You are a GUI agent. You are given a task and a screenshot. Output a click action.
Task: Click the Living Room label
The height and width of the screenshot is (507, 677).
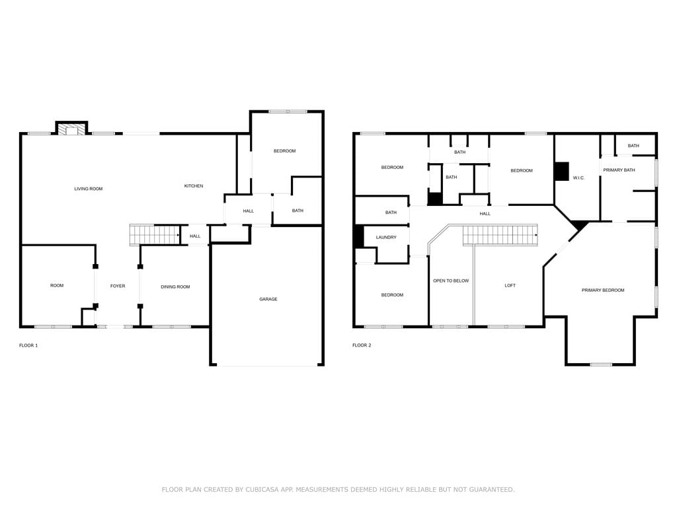[x=89, y=189]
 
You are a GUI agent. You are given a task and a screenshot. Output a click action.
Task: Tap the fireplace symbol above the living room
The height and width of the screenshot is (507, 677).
[x=71, y=130]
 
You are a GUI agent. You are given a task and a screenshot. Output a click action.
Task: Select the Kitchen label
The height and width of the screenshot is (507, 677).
[x=194, y=186]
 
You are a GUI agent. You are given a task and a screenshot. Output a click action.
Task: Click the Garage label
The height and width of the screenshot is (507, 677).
[x=268, y=299]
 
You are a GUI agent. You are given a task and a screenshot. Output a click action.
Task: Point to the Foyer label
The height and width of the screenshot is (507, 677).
[x=118, y=286]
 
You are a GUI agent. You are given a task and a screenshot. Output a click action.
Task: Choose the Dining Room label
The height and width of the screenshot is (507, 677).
[x=175, y=287]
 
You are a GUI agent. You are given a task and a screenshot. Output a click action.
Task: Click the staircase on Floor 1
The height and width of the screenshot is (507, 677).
[x=155, y=235]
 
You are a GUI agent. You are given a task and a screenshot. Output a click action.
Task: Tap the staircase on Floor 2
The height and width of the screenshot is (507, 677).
[x=500, y=236]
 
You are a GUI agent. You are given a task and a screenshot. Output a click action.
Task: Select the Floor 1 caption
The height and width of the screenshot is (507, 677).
[x=28, y=345]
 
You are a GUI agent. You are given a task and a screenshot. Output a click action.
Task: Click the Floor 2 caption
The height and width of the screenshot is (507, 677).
[x=362, y=345]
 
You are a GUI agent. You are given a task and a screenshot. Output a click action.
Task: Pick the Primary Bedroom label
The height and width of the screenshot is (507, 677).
[x=603, y=290]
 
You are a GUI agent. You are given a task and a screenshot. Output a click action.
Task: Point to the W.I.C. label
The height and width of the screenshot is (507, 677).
[x=578, y=178]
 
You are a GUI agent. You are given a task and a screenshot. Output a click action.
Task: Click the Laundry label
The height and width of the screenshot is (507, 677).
[x=386, y=238]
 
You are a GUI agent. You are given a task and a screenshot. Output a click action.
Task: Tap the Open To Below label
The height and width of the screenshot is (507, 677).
[x=451, y=281]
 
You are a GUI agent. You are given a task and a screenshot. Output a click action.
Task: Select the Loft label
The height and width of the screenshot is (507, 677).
[x=510, y=285]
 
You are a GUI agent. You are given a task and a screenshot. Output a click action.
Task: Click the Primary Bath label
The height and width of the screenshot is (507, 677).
[x=619, y=170]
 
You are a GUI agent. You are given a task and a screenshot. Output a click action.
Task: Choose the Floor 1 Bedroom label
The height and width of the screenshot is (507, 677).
[x=284, y=151]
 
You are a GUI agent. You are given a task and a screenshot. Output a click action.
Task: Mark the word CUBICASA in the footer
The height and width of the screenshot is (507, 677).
[x=262, y=489]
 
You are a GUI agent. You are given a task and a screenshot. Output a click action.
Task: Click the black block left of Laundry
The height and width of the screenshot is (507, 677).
[x=359, y=237]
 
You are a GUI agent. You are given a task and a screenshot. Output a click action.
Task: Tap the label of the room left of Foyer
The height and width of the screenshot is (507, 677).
[x=57, y=285]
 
